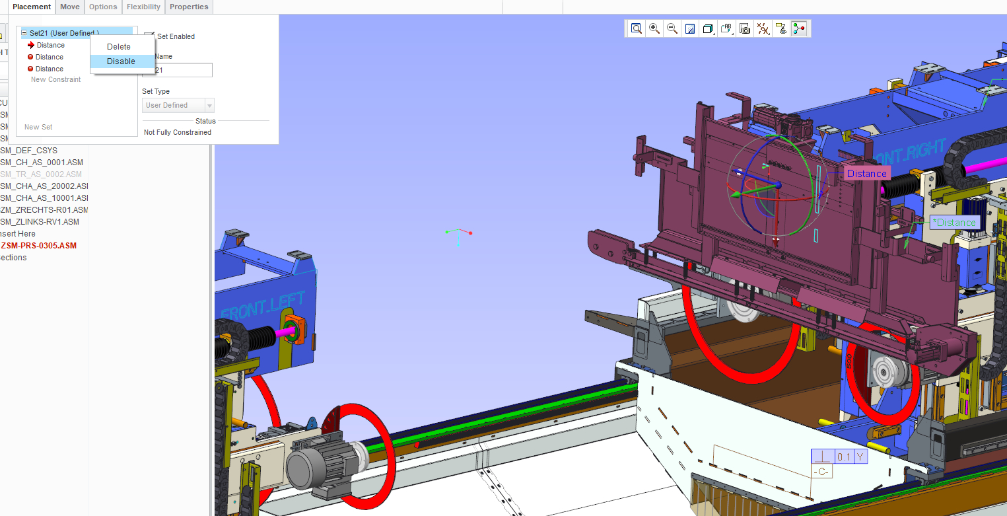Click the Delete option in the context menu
point(119,47)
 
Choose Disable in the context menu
point(121,61)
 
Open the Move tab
point(69,7)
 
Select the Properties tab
point(189,7)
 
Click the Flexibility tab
point(143,7)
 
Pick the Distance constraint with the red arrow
point(50,45)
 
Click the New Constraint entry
point(55,79)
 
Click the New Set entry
point(38,127)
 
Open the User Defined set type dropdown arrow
point(209,106)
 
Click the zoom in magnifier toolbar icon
point(654,28)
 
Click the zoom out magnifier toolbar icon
point(672,28)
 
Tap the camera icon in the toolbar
point(745,29)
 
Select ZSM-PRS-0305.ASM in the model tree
point(39,246)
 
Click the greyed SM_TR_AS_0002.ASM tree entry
point(41,174)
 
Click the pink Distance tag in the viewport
point(866,174)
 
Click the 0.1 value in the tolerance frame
point(843,457)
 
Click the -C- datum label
point(821,472)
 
